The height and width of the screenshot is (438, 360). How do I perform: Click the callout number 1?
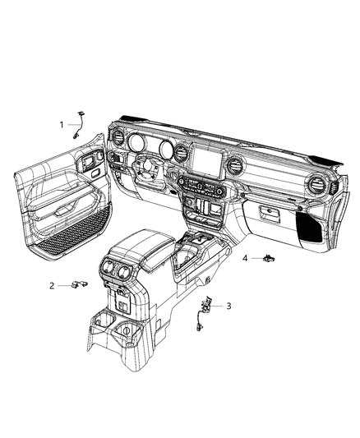(x=61, y=124)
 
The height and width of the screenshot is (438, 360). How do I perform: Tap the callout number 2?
(x=52, y=285)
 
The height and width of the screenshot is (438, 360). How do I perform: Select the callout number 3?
(x=228, y=306)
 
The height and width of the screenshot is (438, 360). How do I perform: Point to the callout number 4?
(x=245, y=258)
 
